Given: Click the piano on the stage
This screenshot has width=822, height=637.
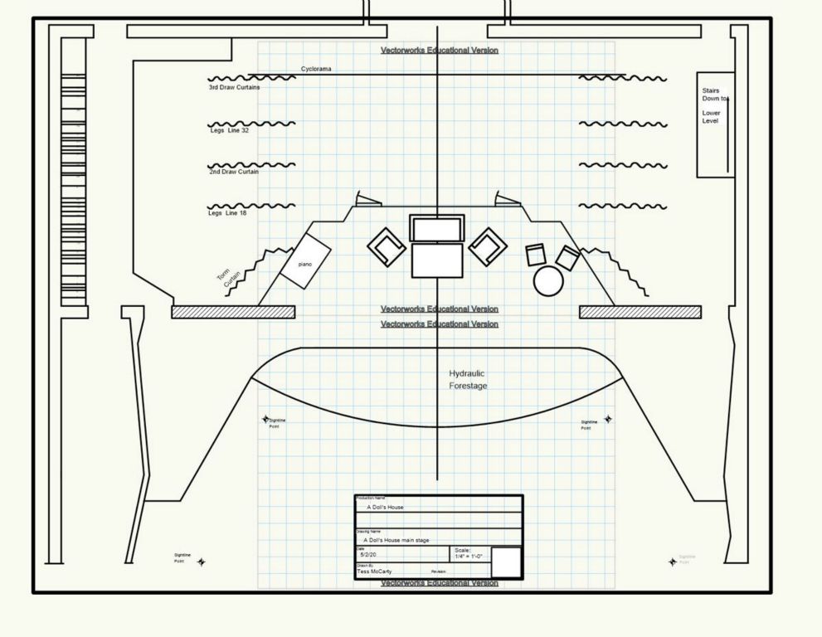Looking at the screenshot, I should [x=305, y=261].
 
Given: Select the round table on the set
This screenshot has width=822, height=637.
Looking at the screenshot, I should [x=548, y=281].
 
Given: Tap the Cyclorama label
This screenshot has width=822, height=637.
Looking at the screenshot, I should [x=316, y=70].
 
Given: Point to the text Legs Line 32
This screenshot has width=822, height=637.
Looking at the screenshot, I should [x=228, y=130].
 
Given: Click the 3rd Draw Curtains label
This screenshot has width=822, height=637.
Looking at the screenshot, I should [x=234, y=87].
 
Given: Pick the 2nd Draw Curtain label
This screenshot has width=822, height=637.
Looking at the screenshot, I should [x=234, y=172].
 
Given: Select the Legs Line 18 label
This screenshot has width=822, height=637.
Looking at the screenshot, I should [x=227, y=213].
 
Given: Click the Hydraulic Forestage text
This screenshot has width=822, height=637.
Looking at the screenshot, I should [x=468, y=380].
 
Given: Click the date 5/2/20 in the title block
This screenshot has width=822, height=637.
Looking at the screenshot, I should [x=368, y=554].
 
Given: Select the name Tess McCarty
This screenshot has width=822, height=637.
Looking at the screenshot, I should [x=375, y=571].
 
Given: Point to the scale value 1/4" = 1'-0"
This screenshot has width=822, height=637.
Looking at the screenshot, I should [x=468, y=557].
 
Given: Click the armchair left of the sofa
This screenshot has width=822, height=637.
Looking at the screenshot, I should [x=387, y=246].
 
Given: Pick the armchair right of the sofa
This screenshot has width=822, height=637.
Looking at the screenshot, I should [x=488, y=246].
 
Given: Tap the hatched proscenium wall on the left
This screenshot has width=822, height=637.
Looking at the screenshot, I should [x=233, y=312].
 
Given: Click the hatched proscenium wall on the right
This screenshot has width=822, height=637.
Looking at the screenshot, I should [x=640, y=312].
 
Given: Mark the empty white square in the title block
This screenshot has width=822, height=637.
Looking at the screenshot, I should [x=506, y=562].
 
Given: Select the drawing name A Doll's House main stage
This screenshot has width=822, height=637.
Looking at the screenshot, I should [x=396, y=540].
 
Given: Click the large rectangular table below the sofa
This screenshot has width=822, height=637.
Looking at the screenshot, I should [x=437, y=260].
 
